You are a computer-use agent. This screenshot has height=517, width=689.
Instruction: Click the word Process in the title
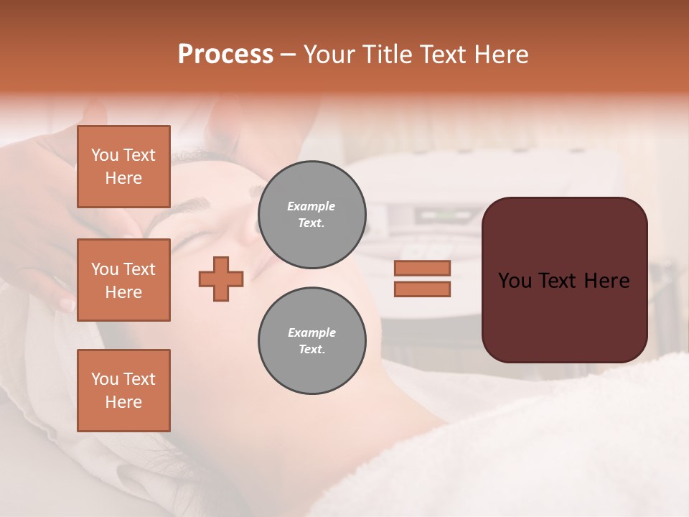point(225,55)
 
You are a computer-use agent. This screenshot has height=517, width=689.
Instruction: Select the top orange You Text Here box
point(123,167)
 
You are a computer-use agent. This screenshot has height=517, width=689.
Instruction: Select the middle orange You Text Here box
point(123,280)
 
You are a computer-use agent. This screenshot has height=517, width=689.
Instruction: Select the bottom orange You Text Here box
point(123,391)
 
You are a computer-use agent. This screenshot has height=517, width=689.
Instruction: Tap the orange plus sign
point(221,279)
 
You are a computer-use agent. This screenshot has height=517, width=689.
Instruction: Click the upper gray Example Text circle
point(311,215)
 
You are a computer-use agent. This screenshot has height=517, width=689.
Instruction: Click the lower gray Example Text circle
point(311,341)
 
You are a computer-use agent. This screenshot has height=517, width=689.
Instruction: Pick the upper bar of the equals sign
point(422,269)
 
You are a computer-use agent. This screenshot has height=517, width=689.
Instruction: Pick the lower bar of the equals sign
point(422,289)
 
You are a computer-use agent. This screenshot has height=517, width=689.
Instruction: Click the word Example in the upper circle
point(311,206)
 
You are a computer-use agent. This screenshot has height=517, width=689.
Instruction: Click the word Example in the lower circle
point(311,332)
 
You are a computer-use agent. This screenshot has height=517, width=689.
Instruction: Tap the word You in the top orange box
point(105,155)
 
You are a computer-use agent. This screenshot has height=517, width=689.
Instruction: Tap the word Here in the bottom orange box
point(123,402)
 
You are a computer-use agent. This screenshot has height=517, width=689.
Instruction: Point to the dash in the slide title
point(288,55)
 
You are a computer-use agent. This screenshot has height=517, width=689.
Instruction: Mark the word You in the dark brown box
point(515,281)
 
